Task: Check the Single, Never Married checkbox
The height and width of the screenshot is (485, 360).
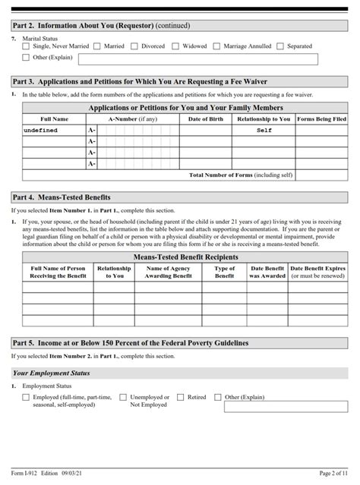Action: click(27, 46)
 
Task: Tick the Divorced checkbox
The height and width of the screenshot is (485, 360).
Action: click(135, 46)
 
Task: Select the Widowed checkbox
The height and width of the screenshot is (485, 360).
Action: click(176, 46)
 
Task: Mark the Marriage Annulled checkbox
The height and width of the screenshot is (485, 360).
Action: click(217, 46)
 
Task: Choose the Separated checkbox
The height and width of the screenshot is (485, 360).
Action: click(281, 46)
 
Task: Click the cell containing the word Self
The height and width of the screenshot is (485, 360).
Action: click(264, 131)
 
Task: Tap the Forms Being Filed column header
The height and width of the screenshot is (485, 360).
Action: click(321, 119)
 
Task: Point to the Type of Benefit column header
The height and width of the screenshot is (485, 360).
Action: click(225, 272)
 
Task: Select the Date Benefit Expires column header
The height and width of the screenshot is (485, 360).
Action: click(317, 272)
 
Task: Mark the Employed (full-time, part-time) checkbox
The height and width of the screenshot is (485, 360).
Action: click(27, 397)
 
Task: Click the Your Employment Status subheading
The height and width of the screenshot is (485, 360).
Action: click(52, 373)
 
